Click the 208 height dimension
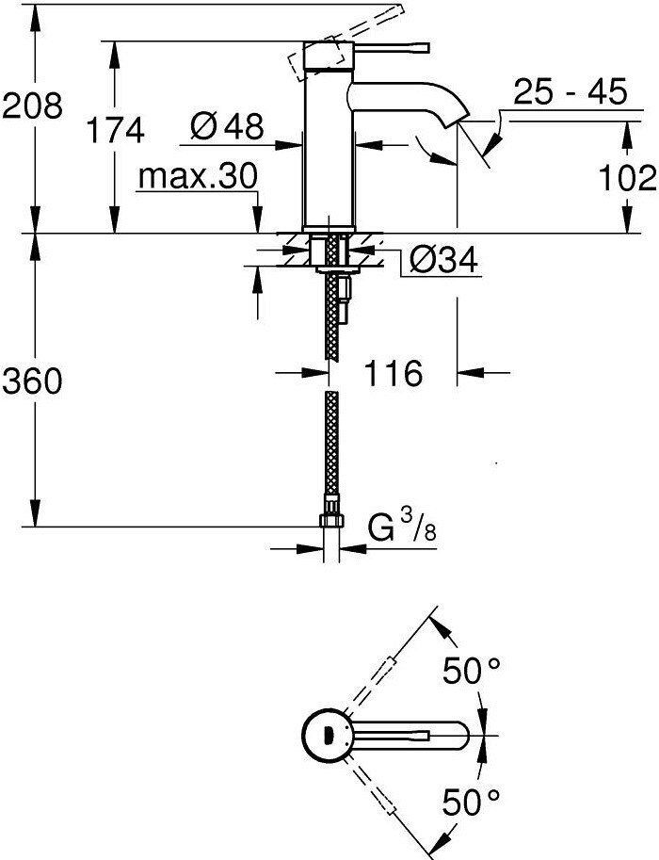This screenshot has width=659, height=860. [x=32, y=105]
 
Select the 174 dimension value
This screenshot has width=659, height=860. [x=116, y=130]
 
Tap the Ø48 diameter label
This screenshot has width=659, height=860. [x=226, y=127]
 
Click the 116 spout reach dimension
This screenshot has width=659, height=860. [x=391, y=373]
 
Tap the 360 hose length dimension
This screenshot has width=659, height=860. [x=32, y=381]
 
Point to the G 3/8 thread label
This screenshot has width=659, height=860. [x=399, y=533]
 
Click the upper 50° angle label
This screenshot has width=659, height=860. [x=472, y=673]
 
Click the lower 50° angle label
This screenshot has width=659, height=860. [x=472, y=803]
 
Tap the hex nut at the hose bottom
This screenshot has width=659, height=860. [x=329, y=521]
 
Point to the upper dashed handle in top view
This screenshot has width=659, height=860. [x=381, y=683]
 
